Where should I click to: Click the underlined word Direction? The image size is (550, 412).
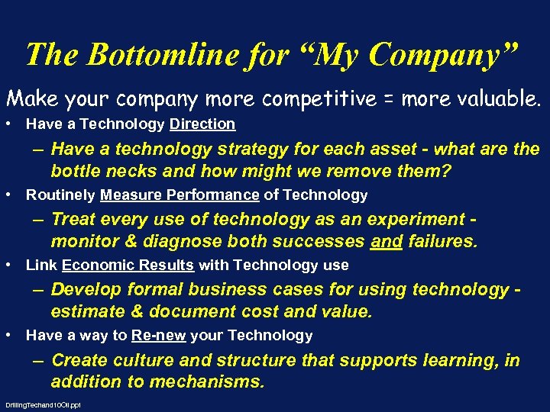[x=202, y=124]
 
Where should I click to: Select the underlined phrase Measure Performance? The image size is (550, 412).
[x=180, y=195]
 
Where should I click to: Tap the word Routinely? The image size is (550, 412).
[x=60, y=195]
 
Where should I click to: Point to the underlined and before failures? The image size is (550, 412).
[x=385, y=242]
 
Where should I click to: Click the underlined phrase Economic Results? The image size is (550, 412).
[x=128, y=266]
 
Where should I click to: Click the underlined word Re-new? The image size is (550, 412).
[x=158, y=336]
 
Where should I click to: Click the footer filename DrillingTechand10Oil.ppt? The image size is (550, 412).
[x=43, y=405]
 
